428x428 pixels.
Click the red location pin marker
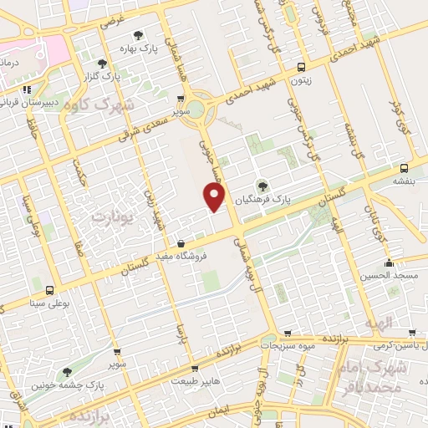(x=215, y=197)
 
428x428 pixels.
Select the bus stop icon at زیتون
(x=301, y=68)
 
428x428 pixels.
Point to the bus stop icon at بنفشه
(x=405, y=166)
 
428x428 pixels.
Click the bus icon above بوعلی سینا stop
(x=49, y=289)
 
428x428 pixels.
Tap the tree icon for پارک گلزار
(x=101, y=63)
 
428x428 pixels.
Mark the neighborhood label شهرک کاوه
(x=115, y=105)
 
